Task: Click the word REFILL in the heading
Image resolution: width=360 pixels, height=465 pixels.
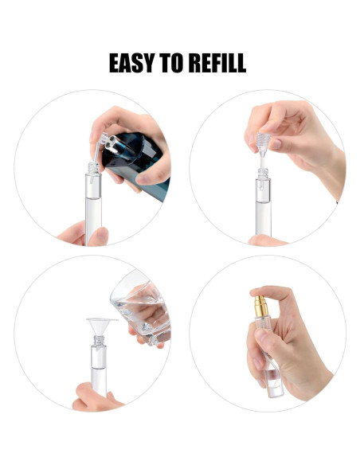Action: click(218, 63)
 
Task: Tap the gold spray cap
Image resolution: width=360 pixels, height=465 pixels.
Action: click(262, 306)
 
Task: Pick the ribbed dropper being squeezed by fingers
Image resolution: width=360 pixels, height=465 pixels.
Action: click(263, 143)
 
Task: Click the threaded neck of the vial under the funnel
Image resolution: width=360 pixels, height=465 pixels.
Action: click(99, 341)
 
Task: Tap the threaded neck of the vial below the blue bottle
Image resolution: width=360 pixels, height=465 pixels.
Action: click(93, 169)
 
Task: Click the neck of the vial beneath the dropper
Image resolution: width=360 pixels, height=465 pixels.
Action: click(263, 174)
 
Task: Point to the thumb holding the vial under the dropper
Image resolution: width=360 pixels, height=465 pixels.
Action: click(266, 240)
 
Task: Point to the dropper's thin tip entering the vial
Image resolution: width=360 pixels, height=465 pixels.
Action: click(263, 162)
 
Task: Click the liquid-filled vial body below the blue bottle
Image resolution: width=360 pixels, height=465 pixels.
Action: click(93, 209)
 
